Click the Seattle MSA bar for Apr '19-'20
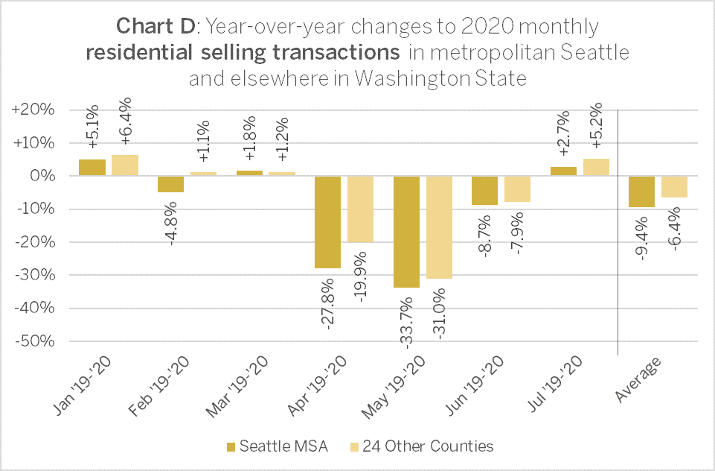point(327,222)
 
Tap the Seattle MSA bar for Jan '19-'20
point(92,168)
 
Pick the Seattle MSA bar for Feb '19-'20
point(170,184)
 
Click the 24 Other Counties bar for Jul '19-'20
point(596,168)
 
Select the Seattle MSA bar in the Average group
point(641,192)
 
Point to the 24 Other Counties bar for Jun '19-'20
point(517,189)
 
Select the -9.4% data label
point(641,238)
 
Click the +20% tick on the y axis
point(33,110)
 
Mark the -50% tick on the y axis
point(33,341)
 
